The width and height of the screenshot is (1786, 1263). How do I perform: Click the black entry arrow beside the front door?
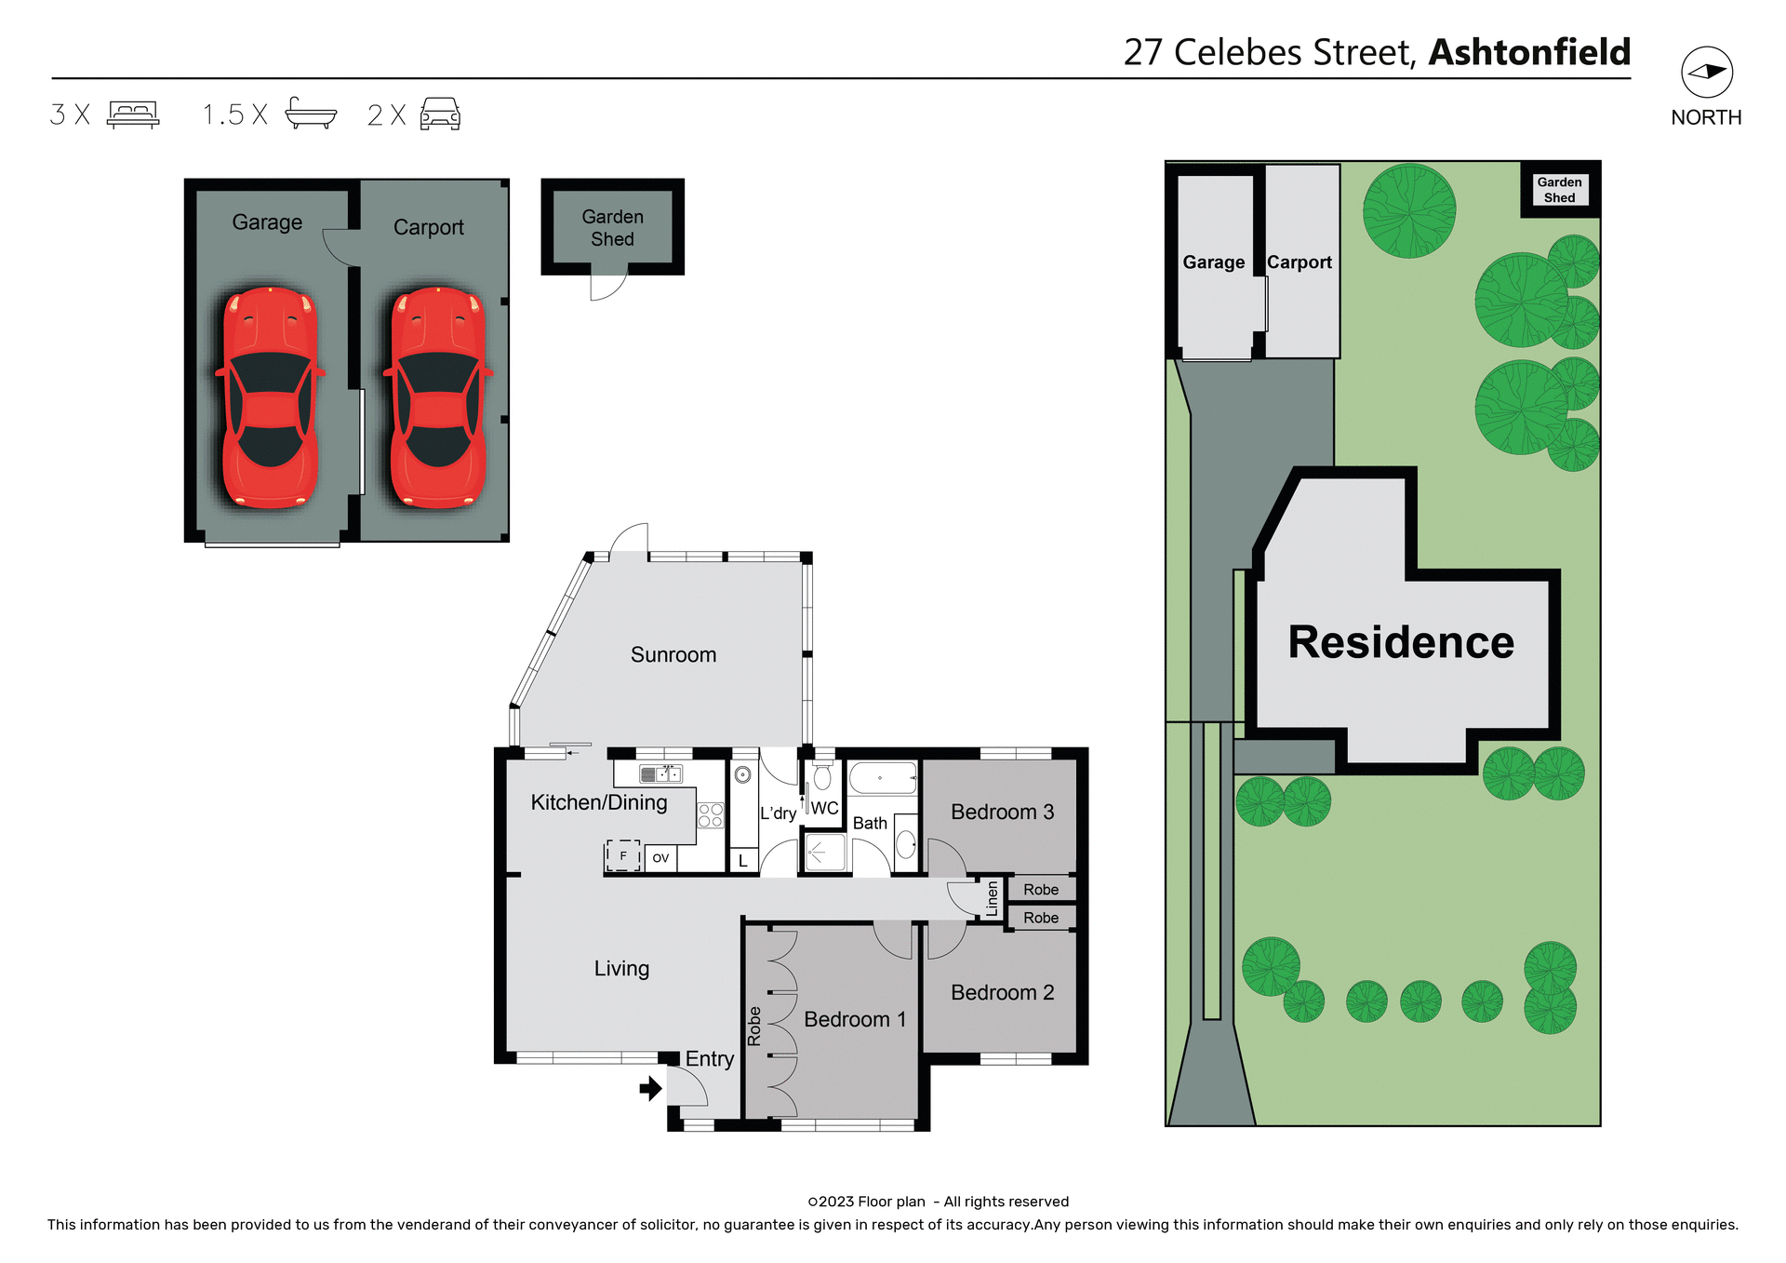(x=651, y=1087)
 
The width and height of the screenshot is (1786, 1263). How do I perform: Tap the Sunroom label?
(x=673, y=654)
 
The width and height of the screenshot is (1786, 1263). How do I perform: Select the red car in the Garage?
(x=270, y=398)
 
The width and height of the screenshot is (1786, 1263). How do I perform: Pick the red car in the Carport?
(x=438, y=398)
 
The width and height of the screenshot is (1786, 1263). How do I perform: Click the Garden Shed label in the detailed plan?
(x=612, y=228)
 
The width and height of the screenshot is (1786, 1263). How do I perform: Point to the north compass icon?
(x=1706, y=73)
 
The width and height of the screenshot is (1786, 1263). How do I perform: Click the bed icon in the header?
(x=133, y=114)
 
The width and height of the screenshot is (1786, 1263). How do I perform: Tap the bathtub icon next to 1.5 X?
(x=311, y=114)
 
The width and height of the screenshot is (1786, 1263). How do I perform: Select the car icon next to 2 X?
(x=440, y=114)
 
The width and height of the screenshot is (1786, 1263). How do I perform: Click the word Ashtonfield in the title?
(x=1529, y=52)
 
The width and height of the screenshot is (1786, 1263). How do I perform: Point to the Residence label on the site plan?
(x=1401, y=642)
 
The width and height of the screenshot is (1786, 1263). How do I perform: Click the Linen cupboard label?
(x=993, y=898)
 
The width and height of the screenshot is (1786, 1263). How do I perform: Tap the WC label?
(x=824, y=808)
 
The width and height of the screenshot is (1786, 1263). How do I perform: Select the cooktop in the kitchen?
(x=711, y=815)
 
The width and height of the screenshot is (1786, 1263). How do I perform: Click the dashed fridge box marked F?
(x=623, y=855)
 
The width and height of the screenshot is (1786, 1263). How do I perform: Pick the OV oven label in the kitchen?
(x=660, y=858)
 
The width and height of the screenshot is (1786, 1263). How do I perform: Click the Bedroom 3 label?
(x=1002, y=812)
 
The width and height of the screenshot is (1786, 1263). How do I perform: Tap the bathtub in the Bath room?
(x=883, y=777)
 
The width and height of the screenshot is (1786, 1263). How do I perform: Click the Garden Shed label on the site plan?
(x=1559, y=190)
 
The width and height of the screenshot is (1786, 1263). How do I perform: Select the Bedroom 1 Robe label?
(x=754, y=1026)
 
